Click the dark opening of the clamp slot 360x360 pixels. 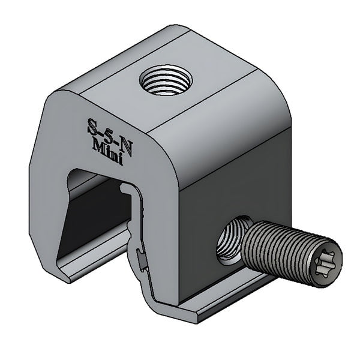(x=99, y=216)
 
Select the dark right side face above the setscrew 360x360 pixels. (x=240, y=180)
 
